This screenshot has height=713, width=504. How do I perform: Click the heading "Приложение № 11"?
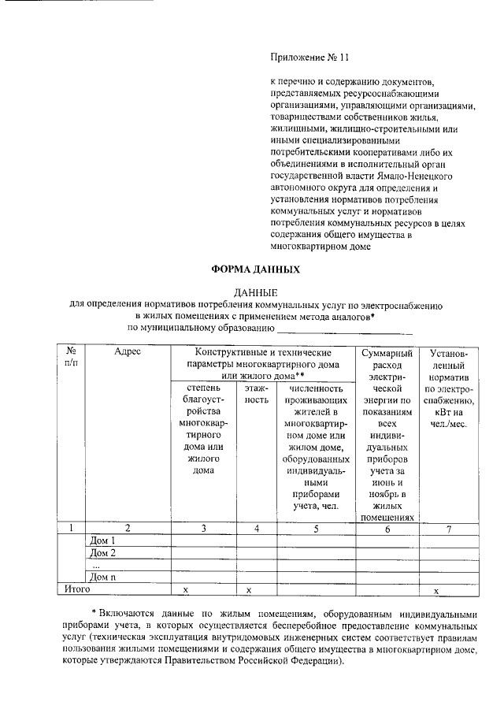pos(308,58)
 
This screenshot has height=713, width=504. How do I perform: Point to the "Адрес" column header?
pos(127,353)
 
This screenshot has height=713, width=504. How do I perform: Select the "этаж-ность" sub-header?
pos(257,395)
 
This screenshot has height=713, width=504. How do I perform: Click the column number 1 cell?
pos(71,529)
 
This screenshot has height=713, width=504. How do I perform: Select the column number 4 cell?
pos(257,529)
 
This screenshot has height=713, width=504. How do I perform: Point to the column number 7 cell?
pos(448,529)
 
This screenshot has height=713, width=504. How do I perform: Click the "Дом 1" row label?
pos(103,541)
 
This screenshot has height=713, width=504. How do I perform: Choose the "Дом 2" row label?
pos(103,553)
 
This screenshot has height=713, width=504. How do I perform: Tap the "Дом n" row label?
pos(103,577)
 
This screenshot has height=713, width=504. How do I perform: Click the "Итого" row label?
pos(77,589)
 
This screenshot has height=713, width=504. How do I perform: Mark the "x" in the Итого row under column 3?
pos(186,589)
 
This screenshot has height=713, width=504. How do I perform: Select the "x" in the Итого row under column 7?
pos(448,589)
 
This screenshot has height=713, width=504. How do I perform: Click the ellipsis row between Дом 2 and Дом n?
pos(96,565)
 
